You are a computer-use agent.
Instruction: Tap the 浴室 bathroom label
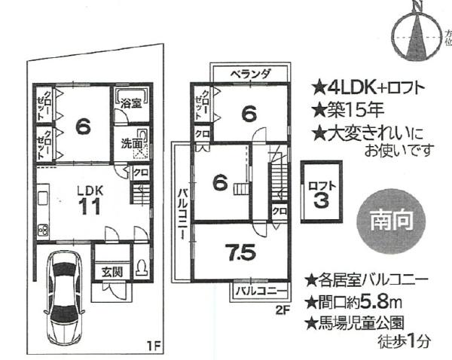coord(131,102)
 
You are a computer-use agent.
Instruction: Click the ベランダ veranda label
coord(250,74)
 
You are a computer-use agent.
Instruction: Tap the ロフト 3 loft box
coord(321,192)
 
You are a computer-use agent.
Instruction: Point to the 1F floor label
coord(153,346)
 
